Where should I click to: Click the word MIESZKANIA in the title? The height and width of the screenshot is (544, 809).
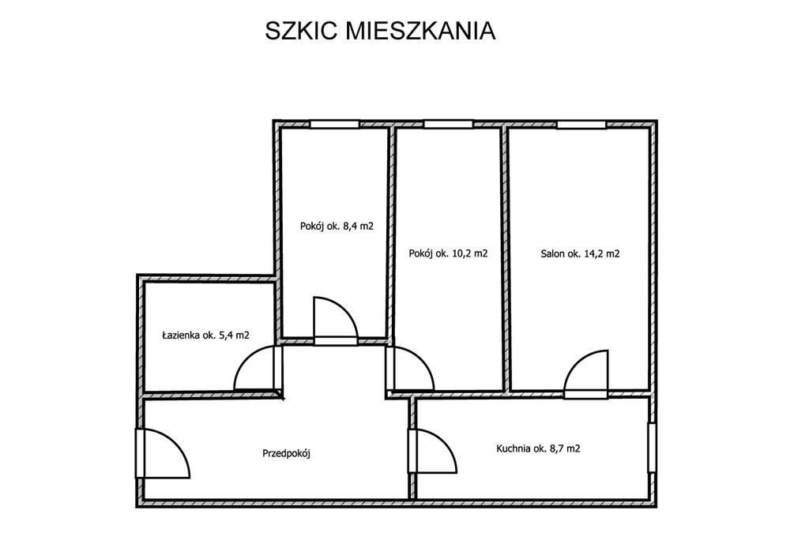click(x=420, y=31)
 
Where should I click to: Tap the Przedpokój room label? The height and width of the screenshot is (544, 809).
click(x=286, y=454)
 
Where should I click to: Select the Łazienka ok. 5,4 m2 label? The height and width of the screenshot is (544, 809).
click(x=206, y=336)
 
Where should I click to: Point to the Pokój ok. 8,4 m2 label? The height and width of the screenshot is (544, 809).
click(x=337, y=226)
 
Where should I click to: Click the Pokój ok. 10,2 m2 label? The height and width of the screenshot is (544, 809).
click(x=449, y=253)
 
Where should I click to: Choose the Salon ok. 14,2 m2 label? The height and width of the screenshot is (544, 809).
click(x=581, y=253)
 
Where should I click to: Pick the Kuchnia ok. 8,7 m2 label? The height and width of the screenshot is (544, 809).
click(x=538, y=448)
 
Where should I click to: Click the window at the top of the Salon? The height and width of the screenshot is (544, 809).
click(x=581, y=124)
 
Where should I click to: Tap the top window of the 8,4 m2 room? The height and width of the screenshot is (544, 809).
click(x=334, y=124)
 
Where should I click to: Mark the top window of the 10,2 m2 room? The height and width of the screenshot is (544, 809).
click(x=449, y=124)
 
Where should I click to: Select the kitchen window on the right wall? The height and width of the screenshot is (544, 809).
click(x=652, y=448)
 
